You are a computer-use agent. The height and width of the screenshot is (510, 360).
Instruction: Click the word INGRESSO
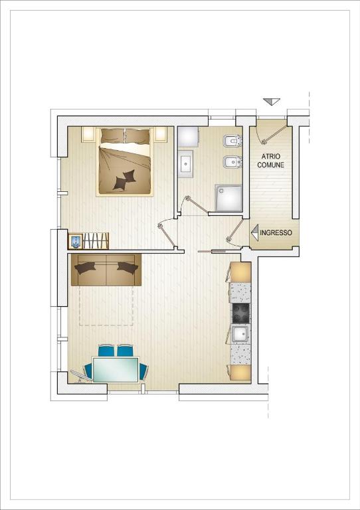pos(276,233)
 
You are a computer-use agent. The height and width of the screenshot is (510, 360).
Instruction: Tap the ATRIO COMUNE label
pos(270,161)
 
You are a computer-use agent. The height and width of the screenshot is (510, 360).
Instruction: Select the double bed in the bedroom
pos(125,162)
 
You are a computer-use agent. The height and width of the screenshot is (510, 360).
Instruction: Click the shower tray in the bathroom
pos(228,198)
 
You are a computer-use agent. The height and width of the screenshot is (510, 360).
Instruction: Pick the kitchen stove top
pos(241,313)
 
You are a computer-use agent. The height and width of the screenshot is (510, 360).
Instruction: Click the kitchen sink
pos(241,335)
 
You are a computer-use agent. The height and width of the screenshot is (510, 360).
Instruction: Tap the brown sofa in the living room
pos(106,270)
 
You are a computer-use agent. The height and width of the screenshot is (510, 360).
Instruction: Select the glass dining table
pos(116,369)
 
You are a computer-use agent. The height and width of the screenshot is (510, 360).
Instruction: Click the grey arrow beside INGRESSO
pos(254,232)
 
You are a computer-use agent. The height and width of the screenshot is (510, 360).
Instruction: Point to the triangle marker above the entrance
pos(272,102)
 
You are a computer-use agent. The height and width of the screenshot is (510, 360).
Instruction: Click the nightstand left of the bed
pos(88,135)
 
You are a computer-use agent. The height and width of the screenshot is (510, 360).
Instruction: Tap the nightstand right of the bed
pos(161,134)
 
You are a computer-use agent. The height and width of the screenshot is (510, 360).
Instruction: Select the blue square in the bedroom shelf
pos(75,242)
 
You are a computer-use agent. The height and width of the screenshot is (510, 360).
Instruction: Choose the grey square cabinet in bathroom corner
pos(189,137)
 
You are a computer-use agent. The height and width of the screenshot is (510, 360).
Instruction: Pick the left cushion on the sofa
pos(85,268)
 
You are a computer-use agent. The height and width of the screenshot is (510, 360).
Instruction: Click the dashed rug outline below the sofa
pos(106,305)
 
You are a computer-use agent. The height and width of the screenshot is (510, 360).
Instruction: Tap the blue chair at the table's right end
pos(143,372)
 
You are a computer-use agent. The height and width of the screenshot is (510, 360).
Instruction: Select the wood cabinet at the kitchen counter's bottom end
pos(240,373)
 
